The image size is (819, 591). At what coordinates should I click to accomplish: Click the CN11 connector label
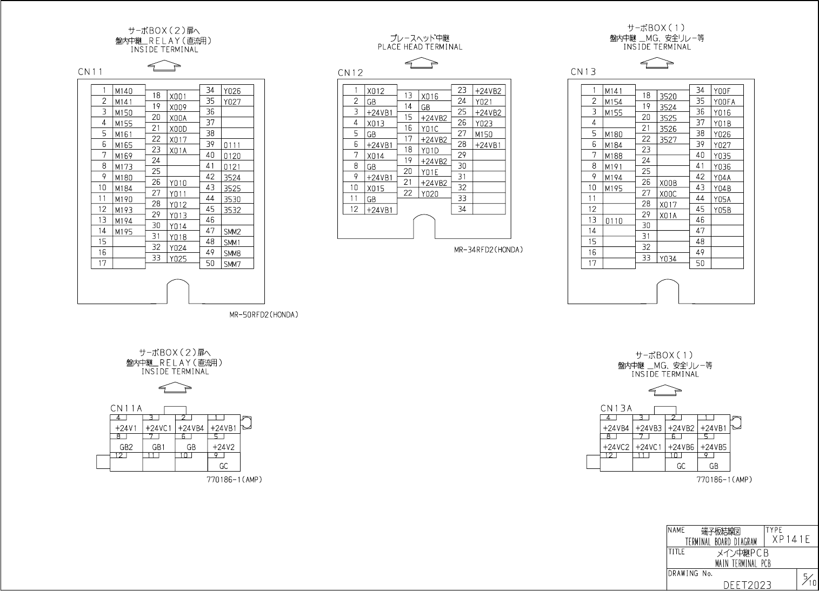pos(90,72)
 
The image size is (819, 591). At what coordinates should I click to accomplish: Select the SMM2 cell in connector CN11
pos(232,232)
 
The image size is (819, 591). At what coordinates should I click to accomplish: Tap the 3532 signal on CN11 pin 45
pos(232,210)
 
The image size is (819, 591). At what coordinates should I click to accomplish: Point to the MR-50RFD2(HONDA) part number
pos(264,314)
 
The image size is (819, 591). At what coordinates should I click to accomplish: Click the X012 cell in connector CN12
pos(376,91)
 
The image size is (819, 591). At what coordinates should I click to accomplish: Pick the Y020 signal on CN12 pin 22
pos(430,194)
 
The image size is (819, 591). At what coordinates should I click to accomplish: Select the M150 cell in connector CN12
pos(484,135)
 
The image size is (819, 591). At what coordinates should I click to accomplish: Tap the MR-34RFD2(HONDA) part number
pos(489,250)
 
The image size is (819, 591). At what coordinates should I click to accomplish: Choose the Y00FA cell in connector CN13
pos(724,102)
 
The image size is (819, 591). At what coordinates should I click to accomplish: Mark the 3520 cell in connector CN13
pos(668,97)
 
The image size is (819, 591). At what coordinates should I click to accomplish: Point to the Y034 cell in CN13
pos(668,259)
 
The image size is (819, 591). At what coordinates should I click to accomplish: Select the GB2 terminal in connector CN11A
pos(126,447)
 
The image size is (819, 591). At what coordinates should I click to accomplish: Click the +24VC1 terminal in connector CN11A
pos(158,428)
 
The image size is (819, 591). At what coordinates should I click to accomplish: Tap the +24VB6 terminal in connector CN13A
pos(681,447)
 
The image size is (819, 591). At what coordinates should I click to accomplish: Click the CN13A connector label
pos(616,408)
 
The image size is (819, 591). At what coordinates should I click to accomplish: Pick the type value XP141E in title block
pos(791,539)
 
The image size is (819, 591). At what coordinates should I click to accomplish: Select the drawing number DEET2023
pos(747,585)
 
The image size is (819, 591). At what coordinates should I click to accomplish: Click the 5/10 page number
pos(809,580)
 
